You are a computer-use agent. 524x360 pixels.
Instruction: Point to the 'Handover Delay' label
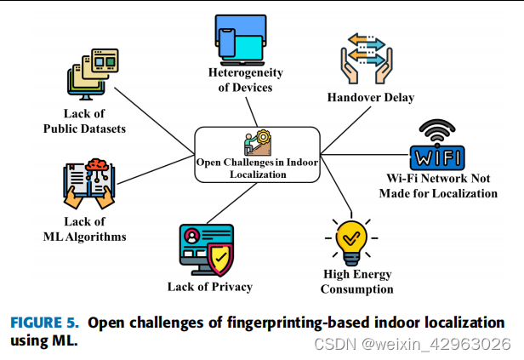[x=371, y=97]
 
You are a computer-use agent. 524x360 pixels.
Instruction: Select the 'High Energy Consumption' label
[x=356, y=281]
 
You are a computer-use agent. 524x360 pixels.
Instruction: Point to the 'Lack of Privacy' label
[x=209, y=287]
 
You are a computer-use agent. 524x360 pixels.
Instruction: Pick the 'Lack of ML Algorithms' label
[x=85, y=229]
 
